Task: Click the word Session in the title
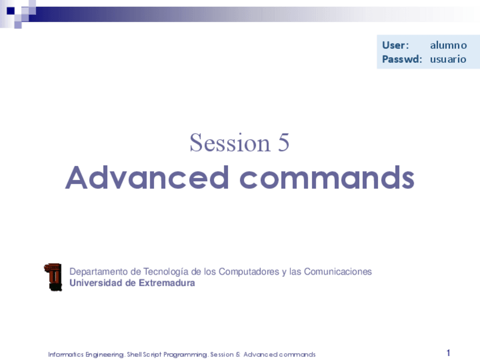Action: (230, 143)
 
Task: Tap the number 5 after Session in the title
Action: (284, 143)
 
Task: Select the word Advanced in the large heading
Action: (147, 178)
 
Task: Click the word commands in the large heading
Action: (327, 178)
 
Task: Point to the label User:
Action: (395, 45)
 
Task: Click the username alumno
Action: (448, 45)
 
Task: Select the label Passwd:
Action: (402, 59)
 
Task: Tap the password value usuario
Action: (448, 59)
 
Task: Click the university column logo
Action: (53, 277)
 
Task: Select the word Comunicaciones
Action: (338, 272)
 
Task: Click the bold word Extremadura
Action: (167, 283)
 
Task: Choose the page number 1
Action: (448, 353)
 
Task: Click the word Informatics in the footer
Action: (66, 354)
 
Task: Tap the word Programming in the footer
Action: (186, 355)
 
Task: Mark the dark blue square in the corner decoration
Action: (11, 11)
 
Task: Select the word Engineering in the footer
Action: (105, 355)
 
